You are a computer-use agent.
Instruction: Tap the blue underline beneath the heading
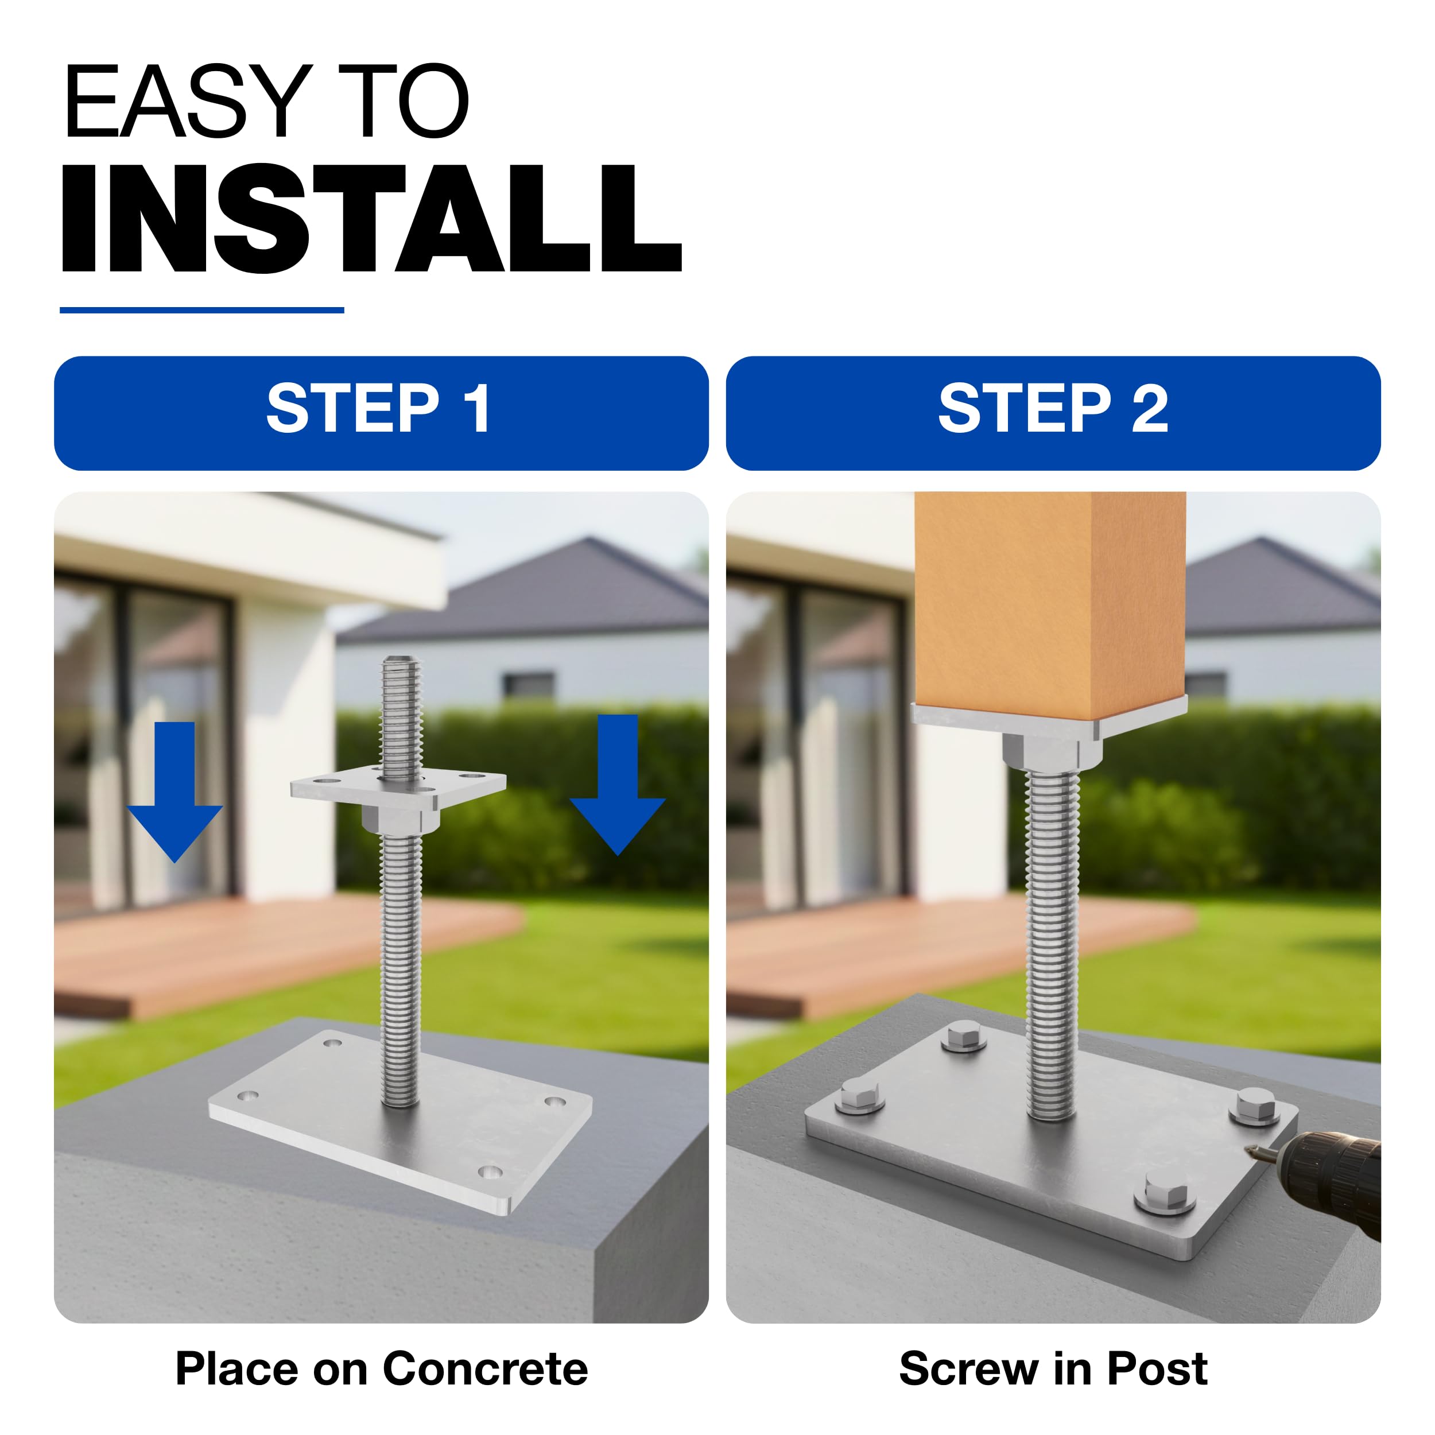[202, 310]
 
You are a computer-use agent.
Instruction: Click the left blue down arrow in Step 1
[175, 791]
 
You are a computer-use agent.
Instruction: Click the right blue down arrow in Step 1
[617, 784]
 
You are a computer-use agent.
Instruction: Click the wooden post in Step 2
[1049, 606]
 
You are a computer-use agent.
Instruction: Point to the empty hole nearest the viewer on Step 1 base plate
[490, 1173]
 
